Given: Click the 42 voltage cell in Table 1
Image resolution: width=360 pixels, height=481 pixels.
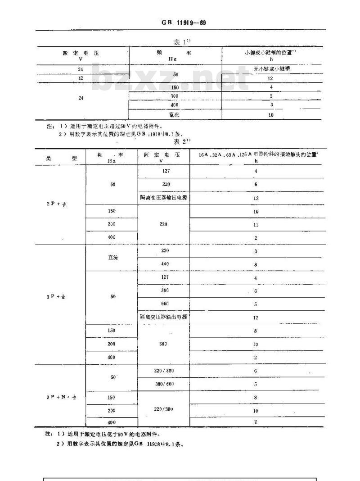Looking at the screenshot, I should pos(81,78).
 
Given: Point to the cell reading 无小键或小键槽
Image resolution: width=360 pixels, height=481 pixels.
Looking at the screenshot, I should pos(270,69).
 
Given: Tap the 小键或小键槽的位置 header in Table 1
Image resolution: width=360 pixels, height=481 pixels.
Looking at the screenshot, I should pos(270,55).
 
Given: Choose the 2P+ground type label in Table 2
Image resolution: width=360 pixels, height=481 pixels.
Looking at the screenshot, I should pos(57,204).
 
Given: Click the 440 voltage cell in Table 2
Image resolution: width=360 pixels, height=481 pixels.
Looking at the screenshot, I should pos(165,264).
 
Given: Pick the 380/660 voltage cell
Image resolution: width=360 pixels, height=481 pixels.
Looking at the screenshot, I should pos(164,384).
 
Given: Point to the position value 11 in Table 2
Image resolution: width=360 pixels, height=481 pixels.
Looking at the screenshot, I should pos(256,224).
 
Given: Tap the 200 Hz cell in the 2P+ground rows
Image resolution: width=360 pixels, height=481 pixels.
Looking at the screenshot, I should pos(112,224).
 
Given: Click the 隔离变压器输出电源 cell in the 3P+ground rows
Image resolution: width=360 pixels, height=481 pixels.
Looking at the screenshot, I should pos(164,317).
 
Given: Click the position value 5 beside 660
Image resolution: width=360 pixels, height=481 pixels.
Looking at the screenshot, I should pos(256,304).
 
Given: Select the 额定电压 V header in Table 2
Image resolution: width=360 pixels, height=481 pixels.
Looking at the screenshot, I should pos(164,157).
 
